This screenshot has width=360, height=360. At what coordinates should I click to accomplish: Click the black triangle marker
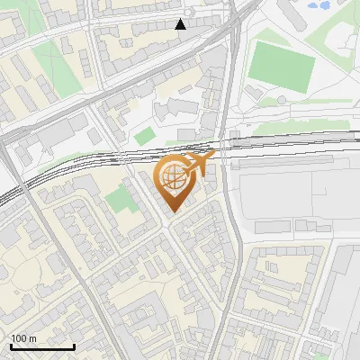(x=181, y=24)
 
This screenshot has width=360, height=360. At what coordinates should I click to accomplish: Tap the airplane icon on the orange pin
(x=197, y=165)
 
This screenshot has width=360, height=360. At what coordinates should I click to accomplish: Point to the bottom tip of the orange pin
(x=173, y=212)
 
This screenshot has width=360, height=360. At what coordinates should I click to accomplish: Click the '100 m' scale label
(x=23, y=338)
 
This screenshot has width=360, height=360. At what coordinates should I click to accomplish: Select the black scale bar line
(x=42, y=346)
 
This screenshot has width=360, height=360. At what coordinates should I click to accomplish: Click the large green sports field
(x=281, y=62)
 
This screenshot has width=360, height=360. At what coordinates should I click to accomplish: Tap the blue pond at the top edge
(x=319, y=5)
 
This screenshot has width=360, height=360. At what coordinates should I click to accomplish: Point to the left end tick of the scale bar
(x=11, y=346)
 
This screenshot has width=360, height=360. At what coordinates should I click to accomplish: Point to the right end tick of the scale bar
(x=74, y=346)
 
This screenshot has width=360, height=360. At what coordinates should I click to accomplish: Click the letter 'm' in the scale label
(x=33, y=338)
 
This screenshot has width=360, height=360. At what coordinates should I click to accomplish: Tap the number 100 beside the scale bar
(x=19, y=338)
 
